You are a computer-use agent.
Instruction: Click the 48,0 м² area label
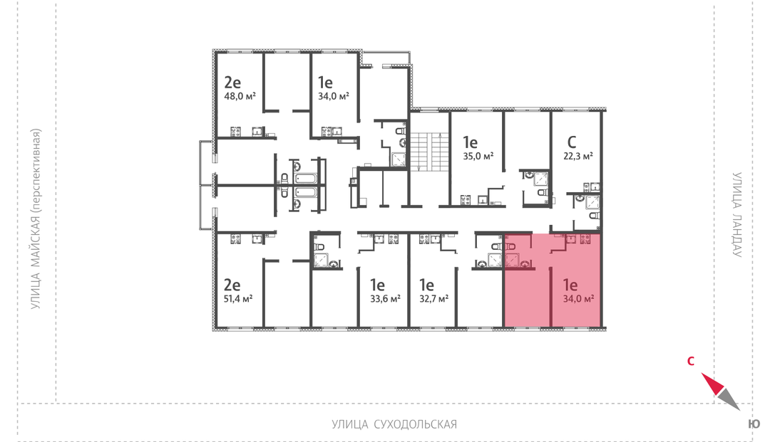click(x=240, y=97)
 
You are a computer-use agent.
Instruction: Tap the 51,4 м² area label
click(x=238, y=298)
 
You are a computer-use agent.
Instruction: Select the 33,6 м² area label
click(x=385, y=298)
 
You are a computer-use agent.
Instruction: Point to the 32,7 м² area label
click(x=433, y=298)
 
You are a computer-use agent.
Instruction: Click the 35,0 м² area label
click(x=478, y=157)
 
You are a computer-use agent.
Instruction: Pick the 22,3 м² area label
click(x=578, y=157)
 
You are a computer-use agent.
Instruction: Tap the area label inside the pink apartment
click(x=579, y=298)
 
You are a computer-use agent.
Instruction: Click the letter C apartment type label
click(x=572, y=142)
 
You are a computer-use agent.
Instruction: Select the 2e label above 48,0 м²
click(x=232, y=82)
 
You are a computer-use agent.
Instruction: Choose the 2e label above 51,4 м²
click(x=232, y=284)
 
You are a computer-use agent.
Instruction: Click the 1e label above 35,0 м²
click(x=470, y=142)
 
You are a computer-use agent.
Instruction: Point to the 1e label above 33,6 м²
click(x=377, y=284)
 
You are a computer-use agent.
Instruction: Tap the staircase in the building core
click(x=430, y=152)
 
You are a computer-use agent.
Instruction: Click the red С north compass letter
click(x=690, y=361)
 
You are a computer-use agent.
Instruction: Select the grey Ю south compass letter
click(x=754, y=424)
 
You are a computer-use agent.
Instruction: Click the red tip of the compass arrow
click(x=702, y=374)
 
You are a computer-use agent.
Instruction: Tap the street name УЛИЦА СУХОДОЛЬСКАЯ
click(x=394, y=424)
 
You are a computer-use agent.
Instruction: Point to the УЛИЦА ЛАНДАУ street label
click(x=736, y=214)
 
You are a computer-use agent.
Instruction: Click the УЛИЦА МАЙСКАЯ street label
click(x=36, y=219)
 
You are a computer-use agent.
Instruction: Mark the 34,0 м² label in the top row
click(x=334, y=97)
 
